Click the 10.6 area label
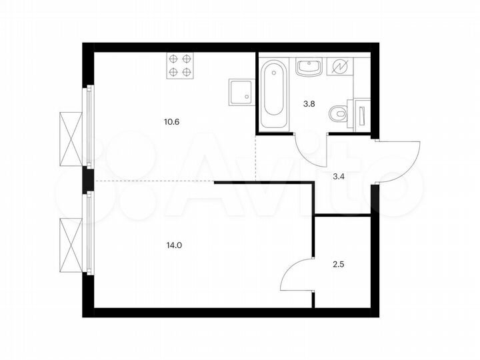pos(171,122)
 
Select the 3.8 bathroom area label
pos(309,104)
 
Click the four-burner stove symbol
pos(180,65)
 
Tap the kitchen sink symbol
pos(241,91)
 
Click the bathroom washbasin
pos(309,67)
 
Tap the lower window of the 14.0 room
pos(87,233)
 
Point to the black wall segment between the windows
pos(87,179)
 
